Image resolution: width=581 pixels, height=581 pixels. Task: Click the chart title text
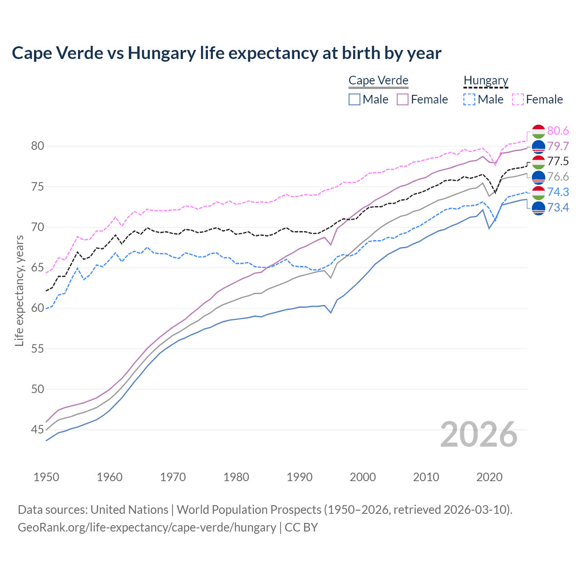coord(226,53)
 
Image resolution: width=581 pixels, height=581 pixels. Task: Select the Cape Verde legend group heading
coord(378,80)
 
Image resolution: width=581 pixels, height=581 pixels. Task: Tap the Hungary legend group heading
coord(486,80)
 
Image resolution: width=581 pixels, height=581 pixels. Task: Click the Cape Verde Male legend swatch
coord(355,99)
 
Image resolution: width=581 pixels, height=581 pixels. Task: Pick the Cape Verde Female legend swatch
coord(403,99)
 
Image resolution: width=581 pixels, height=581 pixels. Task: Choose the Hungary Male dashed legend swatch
coord(469,99)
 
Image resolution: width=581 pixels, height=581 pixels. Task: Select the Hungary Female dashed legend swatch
coord(518,99)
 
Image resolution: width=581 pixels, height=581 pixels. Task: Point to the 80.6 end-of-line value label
coord(558,131)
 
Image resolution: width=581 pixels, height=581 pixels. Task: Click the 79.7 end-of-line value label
coord(558,146)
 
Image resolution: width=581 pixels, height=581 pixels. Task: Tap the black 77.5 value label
coord(558,161)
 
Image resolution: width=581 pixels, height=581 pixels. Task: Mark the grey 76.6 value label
coord(558,177)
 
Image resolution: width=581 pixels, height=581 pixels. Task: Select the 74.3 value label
coord(558,192)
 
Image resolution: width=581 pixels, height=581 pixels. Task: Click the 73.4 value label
coord(558,207)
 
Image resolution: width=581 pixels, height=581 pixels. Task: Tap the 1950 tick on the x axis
coord(46,477)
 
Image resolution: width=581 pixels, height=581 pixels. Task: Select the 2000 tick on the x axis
coord(363,477)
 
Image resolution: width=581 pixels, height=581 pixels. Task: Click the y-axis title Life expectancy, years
coord(19,290)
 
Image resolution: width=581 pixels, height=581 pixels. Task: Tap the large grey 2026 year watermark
coord(479,434)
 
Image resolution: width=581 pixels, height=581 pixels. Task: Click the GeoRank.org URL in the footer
coord(147,527)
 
